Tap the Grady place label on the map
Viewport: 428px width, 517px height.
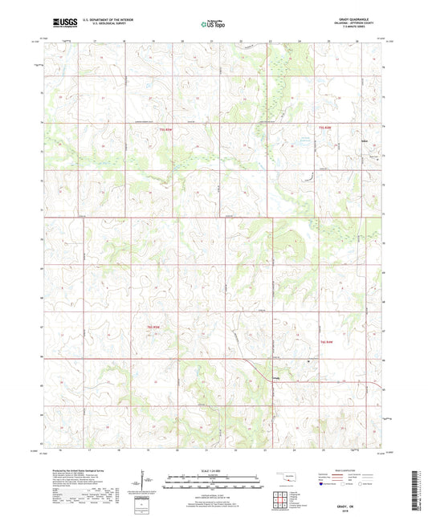[x=276, y=379]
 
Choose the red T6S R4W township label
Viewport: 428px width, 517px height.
[x=327, y=343]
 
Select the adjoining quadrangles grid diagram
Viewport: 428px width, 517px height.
[x=283, y=492]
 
